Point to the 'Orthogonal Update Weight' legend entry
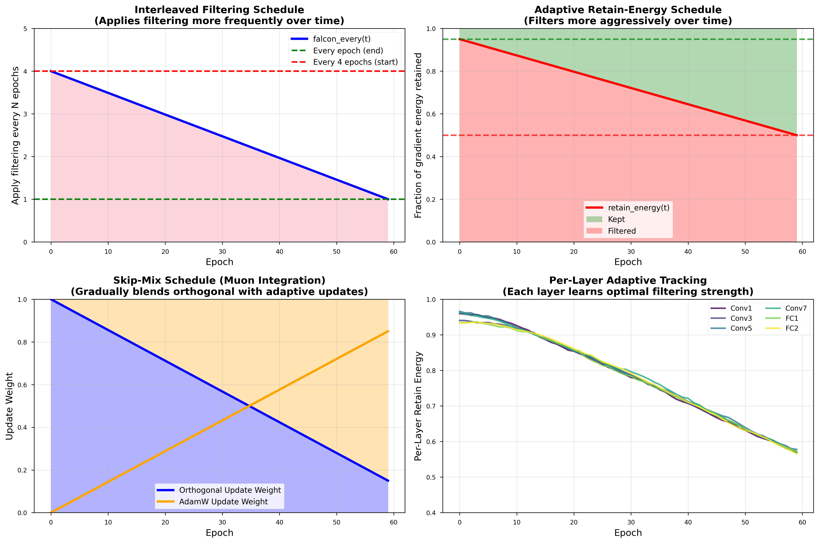(x=230, y=490)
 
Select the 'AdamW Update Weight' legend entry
(x=223, y=502)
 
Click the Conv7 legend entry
(x=796, y=308)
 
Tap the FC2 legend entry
(x=792, y=328)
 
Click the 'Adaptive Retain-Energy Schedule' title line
(x=628, y=10)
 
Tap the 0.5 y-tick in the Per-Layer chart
(x=431, y=477)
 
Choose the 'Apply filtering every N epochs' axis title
(x=15, y=135)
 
